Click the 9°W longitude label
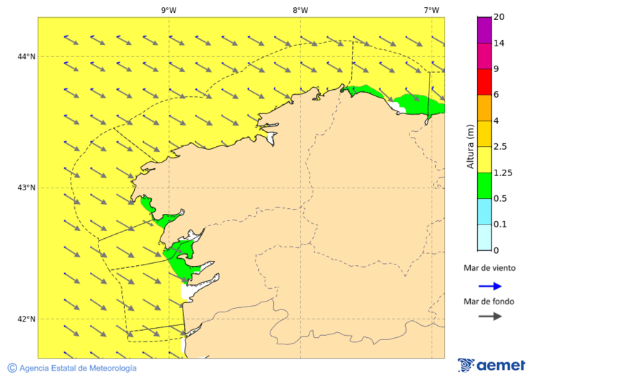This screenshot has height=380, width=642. [169, 10]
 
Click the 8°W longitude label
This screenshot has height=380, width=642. [300, 10]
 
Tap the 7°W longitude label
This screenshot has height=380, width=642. [432, 10]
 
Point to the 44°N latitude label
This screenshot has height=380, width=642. [26, 57]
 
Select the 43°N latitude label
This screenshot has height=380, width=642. [26, 188]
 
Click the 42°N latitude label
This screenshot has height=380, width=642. [26, 319]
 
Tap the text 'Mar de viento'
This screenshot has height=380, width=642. [489, 269]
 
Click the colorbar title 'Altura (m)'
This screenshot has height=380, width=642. [470, 146]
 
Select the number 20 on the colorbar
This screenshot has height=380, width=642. [499, 17]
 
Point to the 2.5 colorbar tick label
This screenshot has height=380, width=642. [501, 147]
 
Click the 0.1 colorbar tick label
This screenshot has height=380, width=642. [501, 225]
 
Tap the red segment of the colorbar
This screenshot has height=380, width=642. [484, 81]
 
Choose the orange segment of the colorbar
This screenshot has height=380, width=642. [484, 108]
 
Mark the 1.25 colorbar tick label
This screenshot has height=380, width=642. [503, 173]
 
